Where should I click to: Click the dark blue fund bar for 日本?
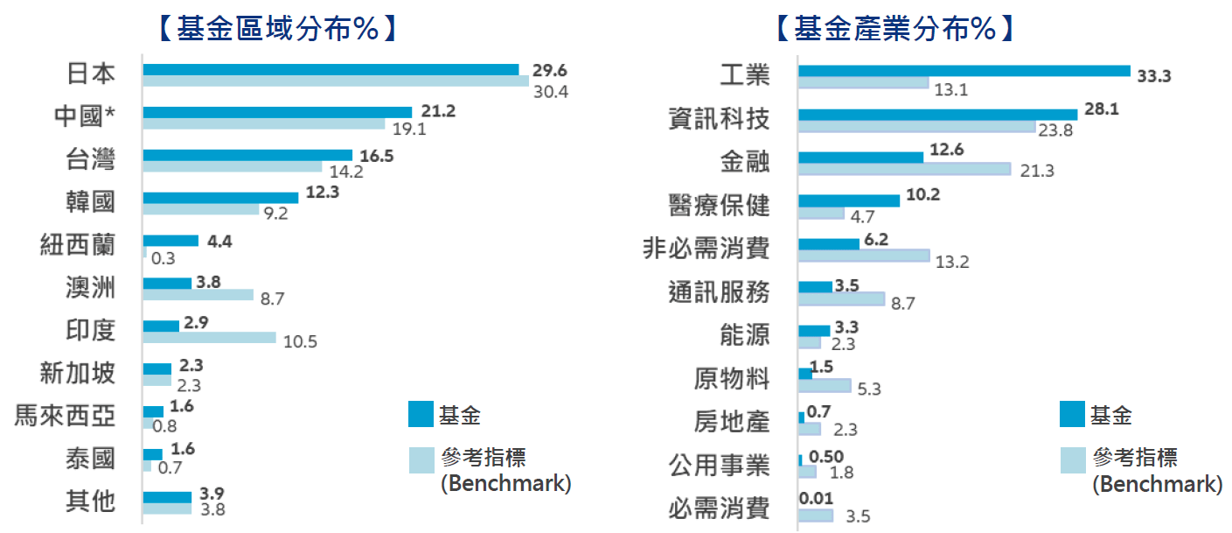click(331, 69)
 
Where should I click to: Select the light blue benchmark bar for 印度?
click(209, 338)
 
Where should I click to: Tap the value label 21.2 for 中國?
click(438, 111)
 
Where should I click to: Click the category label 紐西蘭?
click(78, 243)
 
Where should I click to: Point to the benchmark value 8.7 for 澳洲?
click(273, 298)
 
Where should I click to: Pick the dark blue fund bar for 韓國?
click(220, 198)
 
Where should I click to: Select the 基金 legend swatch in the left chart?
click(421, 414)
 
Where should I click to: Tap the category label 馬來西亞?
click(66, 414)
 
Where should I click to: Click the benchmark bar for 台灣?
click(232, 166)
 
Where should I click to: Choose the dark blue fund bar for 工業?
click(964, 71)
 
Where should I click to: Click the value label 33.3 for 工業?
click(1153, 76)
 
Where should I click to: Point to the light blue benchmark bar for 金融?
click(904, 168)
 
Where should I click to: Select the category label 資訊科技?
click(719, 118)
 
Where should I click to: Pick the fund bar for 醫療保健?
click(849, 200)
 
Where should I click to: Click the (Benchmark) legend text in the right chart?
click(1157, 484)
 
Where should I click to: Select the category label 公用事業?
click(719, 465)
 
